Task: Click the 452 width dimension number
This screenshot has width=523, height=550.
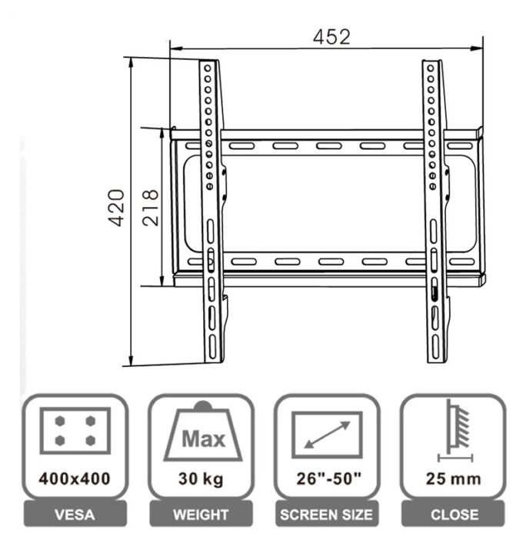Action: [x=331, y=37]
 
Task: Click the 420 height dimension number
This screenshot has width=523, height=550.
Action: [x=116, y=207]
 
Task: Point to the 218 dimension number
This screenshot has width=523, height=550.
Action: [x=151, y=207]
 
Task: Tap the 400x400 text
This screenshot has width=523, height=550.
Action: [x=75, y=478]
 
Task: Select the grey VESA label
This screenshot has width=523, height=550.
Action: [x=75, y=515]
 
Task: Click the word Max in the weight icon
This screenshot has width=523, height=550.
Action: [x=203, y=440]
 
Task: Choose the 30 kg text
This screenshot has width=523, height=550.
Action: [x=202, y=478]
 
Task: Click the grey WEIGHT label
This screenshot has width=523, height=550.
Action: [x=202, y=515]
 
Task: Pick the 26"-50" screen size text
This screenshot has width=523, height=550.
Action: [x=328, y=478]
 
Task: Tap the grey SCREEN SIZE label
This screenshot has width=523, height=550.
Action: [x=328, y=515]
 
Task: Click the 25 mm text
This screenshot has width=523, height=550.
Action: [x=454, y=478]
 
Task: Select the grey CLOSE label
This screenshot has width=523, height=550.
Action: [x=454, y=515]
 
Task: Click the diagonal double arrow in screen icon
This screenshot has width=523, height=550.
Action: [x=328, y=434]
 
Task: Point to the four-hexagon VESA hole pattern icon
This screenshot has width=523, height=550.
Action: [x=75, y=430]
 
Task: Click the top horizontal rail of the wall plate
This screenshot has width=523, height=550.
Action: [x=323, y=145]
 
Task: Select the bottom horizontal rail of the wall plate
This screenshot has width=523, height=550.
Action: [x=323, y=262]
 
